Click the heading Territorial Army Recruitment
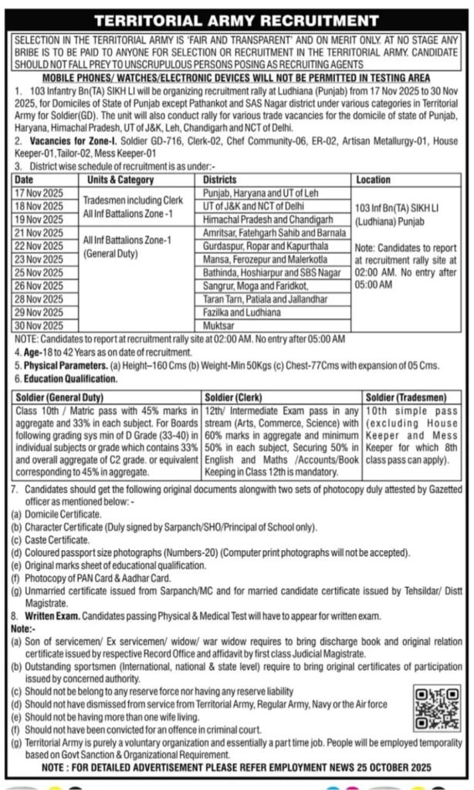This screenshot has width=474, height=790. pos(236,20)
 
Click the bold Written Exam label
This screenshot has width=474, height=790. pos(47,617)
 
